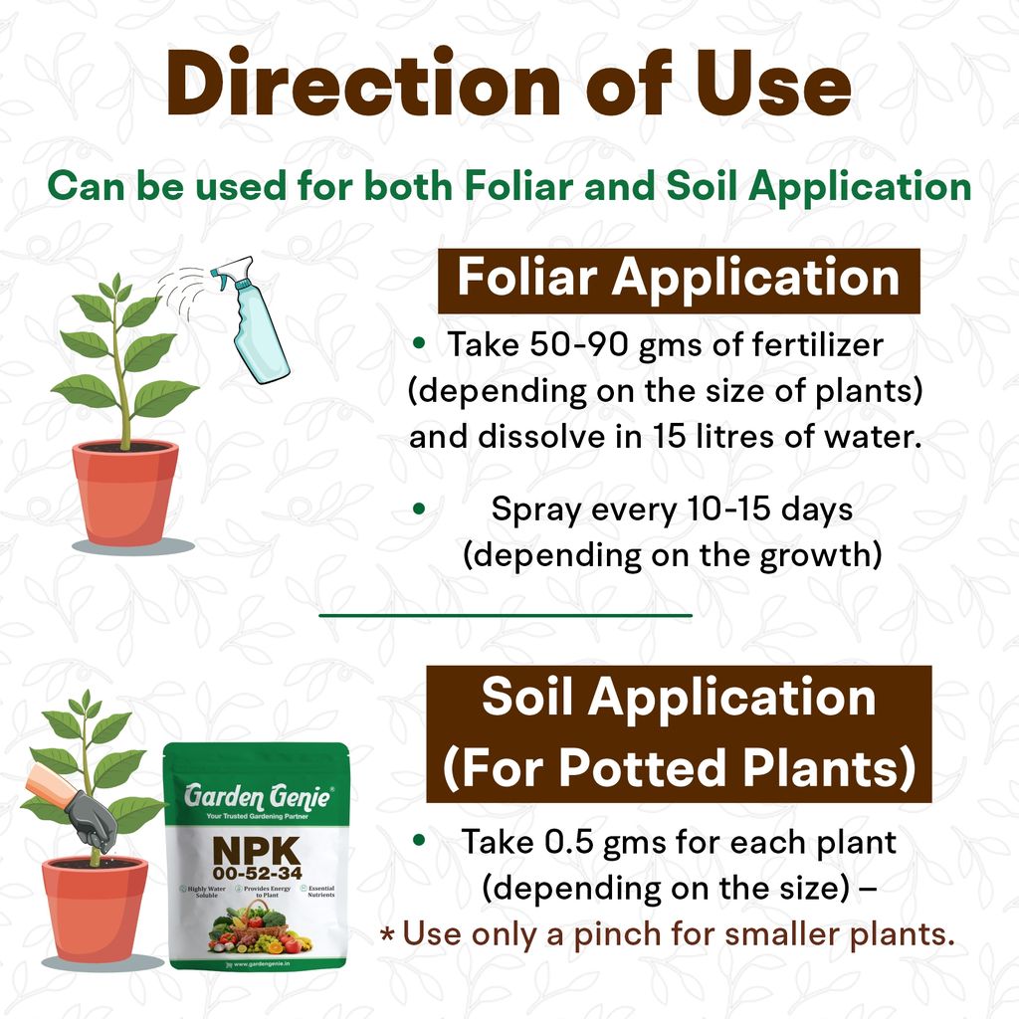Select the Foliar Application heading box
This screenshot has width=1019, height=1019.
[679, 280]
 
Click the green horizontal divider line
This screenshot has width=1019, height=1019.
[505, 615]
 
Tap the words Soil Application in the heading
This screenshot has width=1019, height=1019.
[679, 698]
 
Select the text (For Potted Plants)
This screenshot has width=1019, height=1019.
[679, 767]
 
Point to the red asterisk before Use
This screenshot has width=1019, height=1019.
[388, 934]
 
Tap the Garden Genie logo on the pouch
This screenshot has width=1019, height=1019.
[256, 796]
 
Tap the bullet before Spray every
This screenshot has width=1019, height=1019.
[420, 509]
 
